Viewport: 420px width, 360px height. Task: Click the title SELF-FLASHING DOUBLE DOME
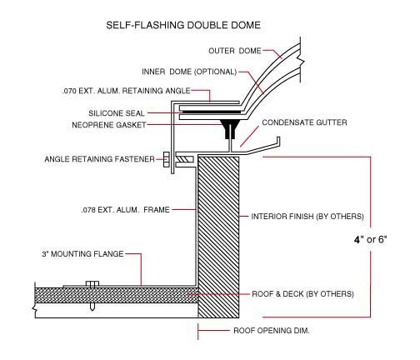183,25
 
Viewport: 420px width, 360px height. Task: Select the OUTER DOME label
235,51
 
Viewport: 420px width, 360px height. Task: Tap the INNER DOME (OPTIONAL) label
189,72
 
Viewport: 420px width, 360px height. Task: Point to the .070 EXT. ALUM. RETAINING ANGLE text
127,91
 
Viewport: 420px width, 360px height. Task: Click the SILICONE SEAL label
117,113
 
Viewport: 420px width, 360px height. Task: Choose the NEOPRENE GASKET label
109,125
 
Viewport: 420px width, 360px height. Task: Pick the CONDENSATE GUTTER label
304,122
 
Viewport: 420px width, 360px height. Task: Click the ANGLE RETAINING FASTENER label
100,159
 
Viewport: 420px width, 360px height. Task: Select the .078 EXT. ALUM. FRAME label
125,210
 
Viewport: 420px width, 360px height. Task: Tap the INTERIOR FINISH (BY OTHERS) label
307,217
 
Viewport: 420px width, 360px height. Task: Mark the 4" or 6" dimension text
371,239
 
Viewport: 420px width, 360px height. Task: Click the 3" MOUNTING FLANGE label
82,254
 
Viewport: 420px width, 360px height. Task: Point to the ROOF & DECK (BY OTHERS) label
302,294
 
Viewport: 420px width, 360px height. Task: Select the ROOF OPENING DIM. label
272,331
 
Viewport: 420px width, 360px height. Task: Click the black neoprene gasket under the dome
230,129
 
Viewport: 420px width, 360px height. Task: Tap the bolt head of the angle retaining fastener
167,159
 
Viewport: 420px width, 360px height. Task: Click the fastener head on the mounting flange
92,284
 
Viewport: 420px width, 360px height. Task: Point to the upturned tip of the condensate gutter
278,138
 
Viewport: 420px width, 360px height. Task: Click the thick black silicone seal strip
211,112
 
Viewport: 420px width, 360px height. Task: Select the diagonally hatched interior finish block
218,237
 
